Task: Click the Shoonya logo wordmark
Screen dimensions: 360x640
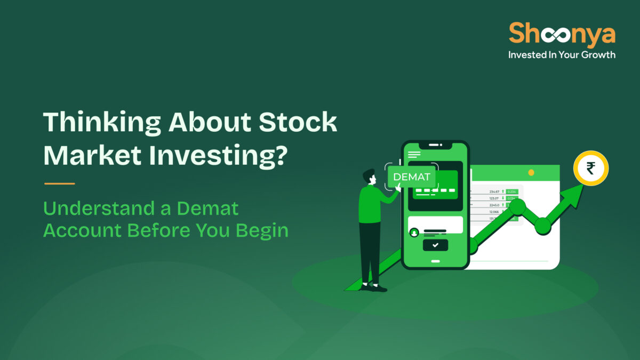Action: point(562,34)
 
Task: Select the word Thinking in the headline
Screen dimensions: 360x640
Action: point(100,124)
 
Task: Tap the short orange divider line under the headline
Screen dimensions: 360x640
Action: point(59,183)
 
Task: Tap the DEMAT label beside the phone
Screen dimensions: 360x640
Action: point(412,177)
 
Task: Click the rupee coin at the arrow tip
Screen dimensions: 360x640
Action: point(590,169)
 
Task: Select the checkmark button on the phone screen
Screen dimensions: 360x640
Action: point(435,245)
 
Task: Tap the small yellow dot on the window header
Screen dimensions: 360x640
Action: point(531,173)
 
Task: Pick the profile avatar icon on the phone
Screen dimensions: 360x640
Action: point(414,233)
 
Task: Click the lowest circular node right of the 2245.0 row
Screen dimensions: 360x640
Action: point(543,226)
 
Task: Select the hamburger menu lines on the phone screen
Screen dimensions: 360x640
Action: point(414,155)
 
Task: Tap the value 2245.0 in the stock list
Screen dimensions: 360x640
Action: point(494,205)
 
